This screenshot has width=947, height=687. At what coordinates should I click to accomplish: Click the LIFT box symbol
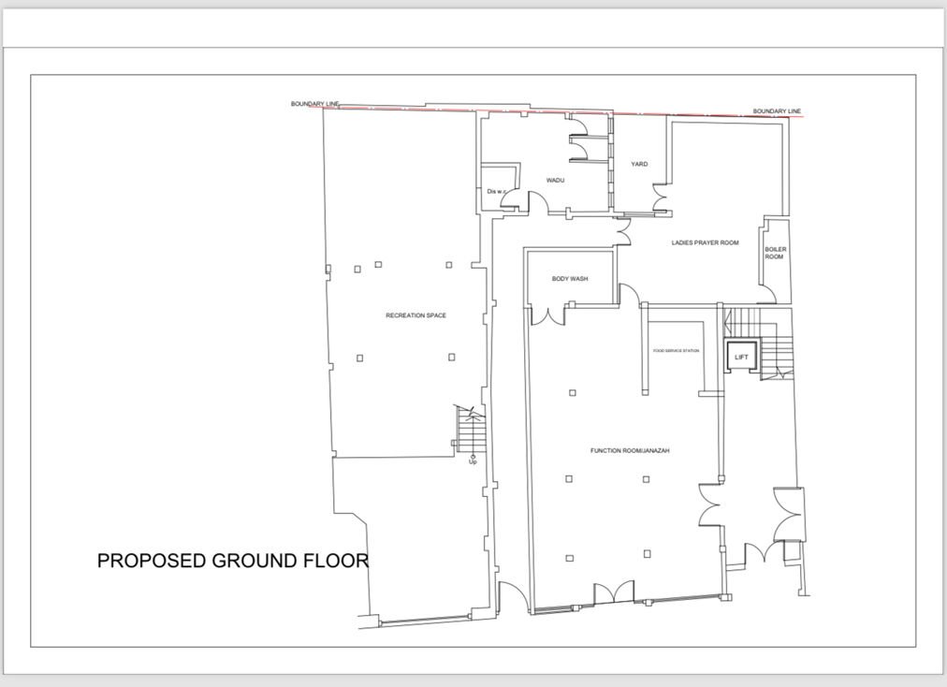click(741, 357)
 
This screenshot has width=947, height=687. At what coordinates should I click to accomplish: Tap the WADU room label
click(555, 180)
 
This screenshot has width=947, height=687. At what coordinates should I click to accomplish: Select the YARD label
click(639, 164)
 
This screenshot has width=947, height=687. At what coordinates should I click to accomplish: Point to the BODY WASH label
click(569, 278)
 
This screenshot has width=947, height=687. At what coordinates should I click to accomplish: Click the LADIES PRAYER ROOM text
click(705, 242)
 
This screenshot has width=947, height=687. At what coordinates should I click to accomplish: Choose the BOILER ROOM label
click(775, 253)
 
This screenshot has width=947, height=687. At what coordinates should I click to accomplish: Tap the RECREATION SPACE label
click(415, 315)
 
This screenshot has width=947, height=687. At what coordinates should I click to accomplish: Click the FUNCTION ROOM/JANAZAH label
click(629, 450)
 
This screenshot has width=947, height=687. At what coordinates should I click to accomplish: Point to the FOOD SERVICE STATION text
click(676, 351)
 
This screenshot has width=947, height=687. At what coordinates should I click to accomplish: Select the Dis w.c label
click(496, 192)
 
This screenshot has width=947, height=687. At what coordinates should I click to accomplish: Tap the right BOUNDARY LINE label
click(777, 111)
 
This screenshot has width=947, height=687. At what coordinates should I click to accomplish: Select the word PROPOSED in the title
click(152, 561)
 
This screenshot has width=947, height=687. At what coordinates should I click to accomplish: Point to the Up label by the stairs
click(473, 462)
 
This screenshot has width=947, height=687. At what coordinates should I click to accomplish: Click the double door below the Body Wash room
click(548, 314)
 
